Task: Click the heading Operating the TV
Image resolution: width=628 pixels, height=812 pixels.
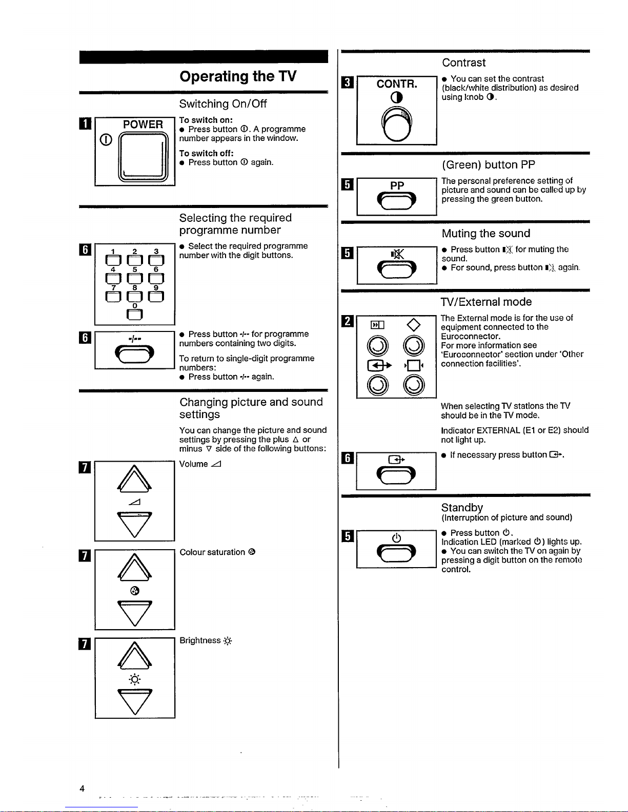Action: click(238, 76)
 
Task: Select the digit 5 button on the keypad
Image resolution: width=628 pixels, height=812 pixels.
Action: click(134, 279)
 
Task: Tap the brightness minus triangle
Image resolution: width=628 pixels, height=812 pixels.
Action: click(134, 701)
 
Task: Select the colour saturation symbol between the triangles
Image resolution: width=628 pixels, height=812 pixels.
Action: click(134, 591)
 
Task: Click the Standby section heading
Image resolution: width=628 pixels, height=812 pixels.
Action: click(462, 507)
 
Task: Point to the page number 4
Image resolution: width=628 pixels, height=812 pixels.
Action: click(82, 788)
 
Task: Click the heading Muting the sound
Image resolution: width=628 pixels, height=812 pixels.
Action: click(485, 234)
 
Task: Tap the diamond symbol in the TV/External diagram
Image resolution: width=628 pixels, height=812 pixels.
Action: click(413, 324)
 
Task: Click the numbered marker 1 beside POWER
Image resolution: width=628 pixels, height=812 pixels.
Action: click(86, 123)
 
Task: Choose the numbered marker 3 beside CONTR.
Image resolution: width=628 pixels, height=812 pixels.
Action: click(347, 81)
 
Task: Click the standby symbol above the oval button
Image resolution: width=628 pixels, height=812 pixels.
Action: click(396, 537)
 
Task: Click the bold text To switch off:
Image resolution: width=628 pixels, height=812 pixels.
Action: click(206, 153)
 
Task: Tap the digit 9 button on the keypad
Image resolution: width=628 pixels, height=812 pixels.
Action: click(156, 297)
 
